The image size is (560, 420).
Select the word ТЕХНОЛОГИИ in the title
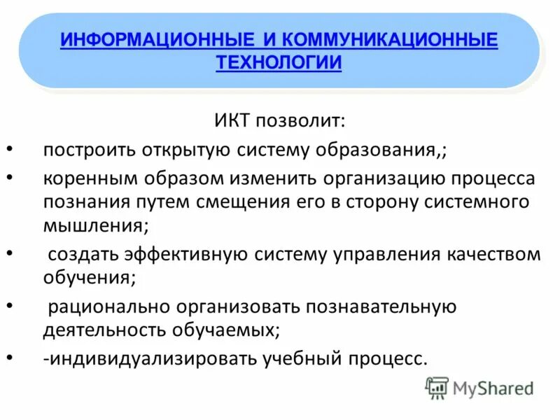tap(279, 62)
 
